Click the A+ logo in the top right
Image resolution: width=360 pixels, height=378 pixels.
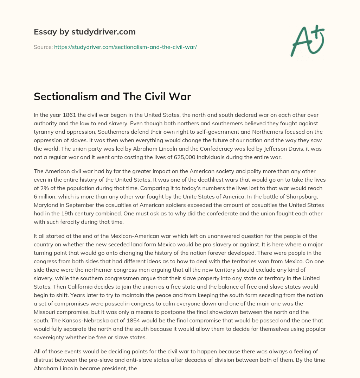(307, 41)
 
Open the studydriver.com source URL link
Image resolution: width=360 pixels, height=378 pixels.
(125, 47)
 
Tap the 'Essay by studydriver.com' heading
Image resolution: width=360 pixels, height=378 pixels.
(84, 32)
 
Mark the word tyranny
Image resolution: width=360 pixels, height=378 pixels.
(44, 132)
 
